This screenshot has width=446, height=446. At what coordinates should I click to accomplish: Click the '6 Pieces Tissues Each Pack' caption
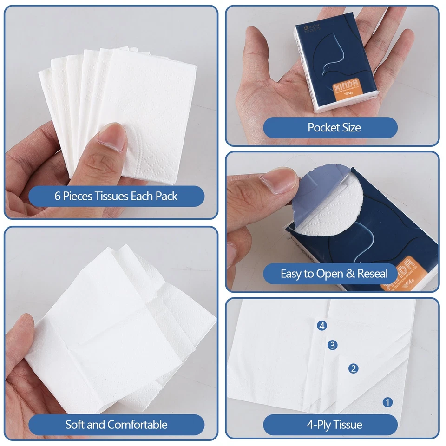[116, 196]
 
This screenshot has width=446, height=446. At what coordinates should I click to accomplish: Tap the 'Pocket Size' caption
[334, 127]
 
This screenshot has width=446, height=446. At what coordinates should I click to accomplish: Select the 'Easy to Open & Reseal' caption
[334, 274]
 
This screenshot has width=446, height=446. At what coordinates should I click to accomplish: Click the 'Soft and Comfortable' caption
[116, 424]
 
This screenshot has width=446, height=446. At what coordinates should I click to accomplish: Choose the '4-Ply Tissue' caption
[334, 424]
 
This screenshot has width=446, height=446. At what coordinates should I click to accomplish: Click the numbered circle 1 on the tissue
[387, 402]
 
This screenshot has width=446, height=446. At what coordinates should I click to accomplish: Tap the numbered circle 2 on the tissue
[354, 368]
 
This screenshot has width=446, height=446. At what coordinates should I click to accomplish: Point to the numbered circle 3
[332, 345]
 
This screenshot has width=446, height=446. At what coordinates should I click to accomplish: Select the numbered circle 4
[322, 326]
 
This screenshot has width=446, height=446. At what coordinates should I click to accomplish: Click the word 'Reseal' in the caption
[372, 274]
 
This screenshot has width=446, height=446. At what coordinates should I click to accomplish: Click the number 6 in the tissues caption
[58, 196]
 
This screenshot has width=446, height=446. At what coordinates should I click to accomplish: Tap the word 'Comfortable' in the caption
[137, 424]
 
